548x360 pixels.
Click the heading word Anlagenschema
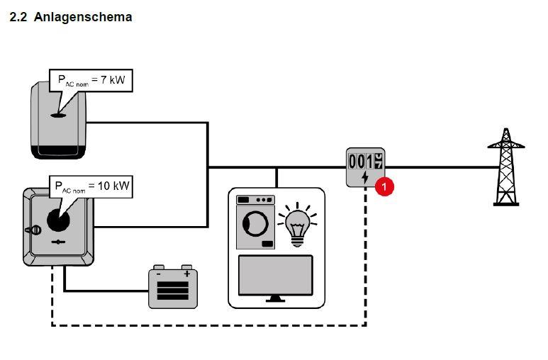(83, 16)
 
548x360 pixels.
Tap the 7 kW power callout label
(91, 81)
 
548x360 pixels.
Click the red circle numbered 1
(384, 186)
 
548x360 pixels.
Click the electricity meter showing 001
(366, 167)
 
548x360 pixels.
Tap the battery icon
(172, 288)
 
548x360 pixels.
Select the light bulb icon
(296, 226)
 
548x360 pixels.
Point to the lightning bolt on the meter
(365, 177)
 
